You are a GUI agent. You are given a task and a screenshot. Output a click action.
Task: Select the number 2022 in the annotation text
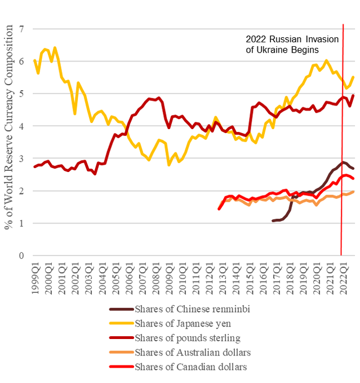[x=256, y=39]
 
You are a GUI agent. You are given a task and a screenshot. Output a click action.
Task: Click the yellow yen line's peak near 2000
[x=55, y=47]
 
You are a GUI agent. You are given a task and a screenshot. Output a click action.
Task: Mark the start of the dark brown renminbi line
[x=273, y=221]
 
